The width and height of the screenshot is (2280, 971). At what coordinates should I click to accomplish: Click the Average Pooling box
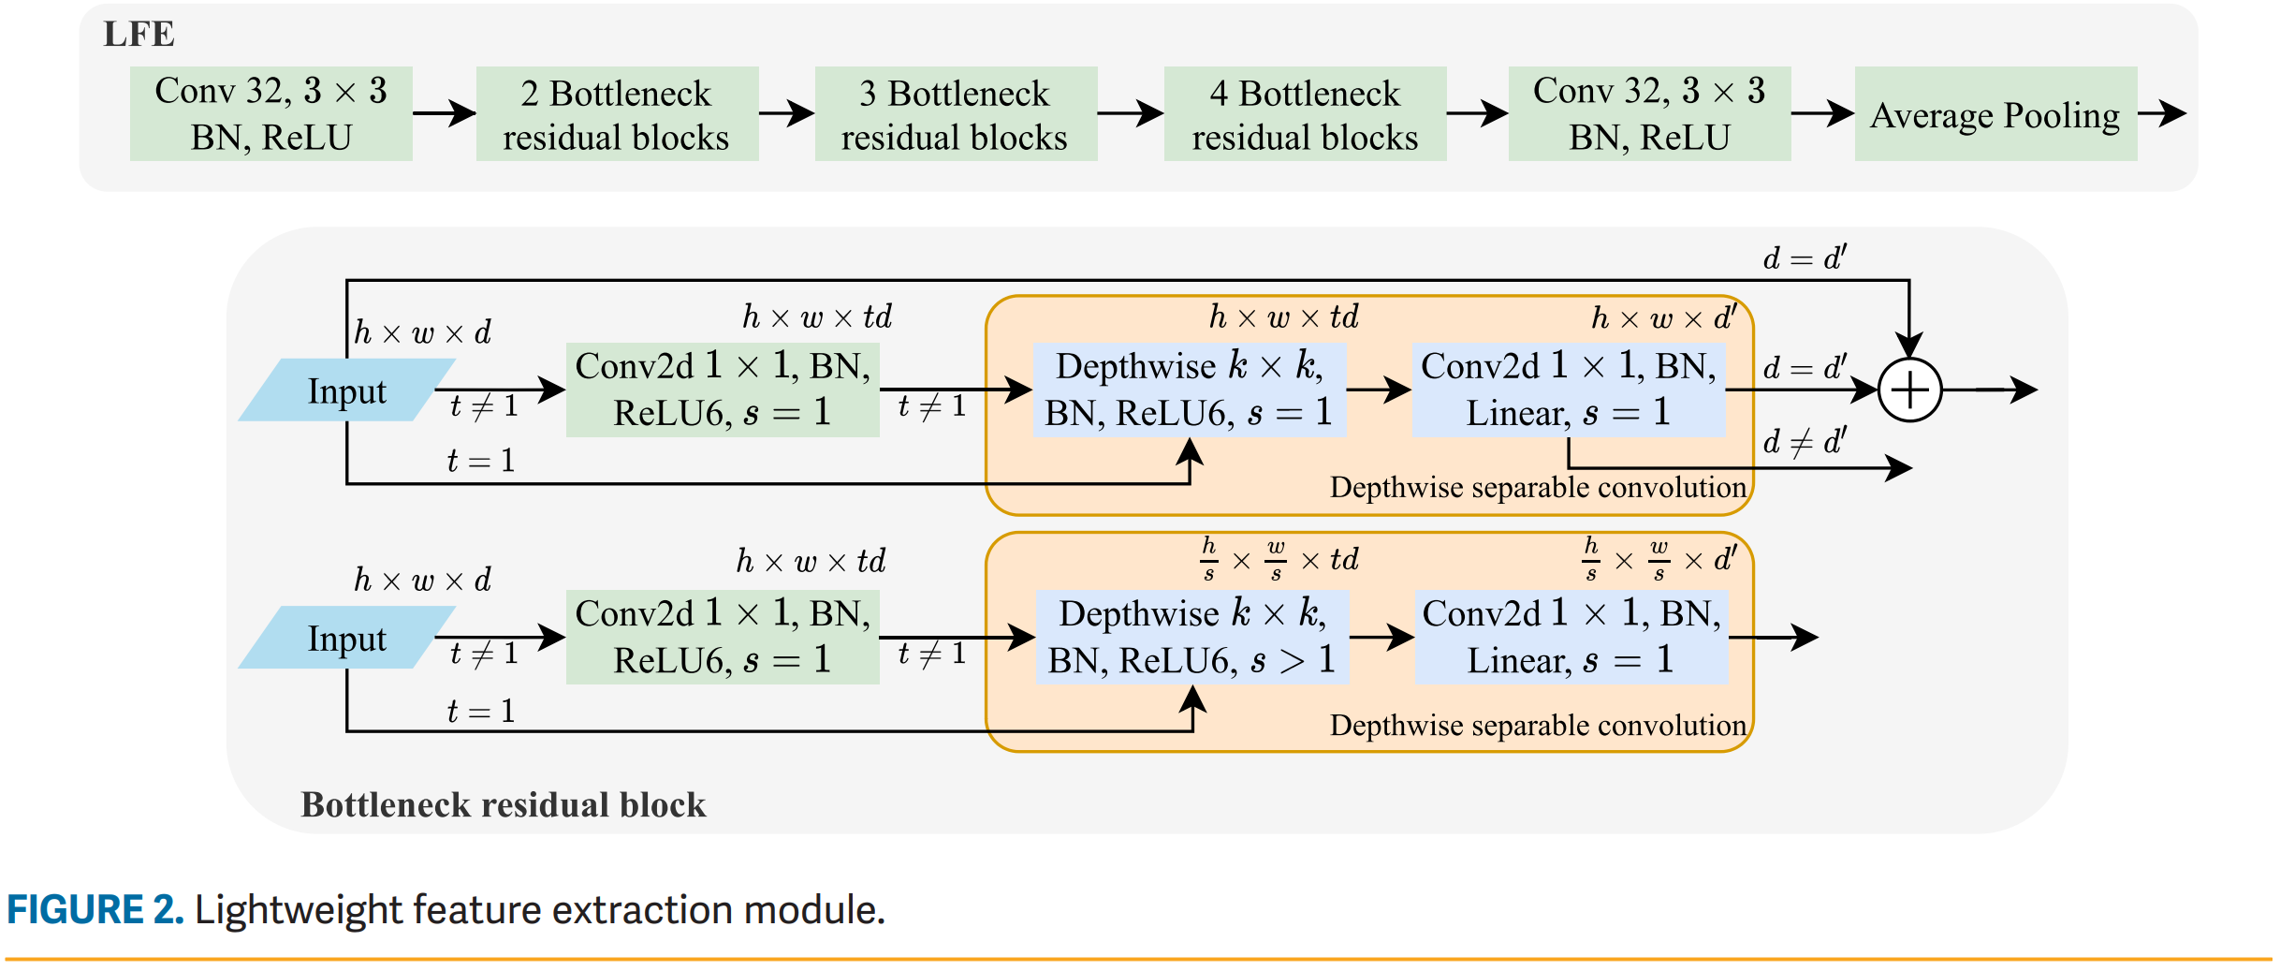point(1995,114)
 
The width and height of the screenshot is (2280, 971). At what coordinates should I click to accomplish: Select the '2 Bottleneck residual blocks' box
point(617,114)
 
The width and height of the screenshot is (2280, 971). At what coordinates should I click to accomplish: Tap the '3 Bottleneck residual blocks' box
point(956,114)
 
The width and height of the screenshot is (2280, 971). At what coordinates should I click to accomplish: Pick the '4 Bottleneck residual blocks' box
point(1305,114)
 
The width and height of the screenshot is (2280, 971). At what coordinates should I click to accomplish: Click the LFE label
point(139,35)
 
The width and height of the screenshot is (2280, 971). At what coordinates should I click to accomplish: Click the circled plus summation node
point(1909,390)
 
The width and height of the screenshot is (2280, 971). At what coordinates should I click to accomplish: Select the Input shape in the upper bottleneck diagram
point(346,390)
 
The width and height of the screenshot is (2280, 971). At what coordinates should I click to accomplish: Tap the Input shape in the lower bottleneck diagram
point(346,639)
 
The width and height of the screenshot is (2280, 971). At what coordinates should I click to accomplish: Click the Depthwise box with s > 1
point(1191,637)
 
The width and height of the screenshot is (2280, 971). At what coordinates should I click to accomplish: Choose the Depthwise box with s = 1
point(1189,390)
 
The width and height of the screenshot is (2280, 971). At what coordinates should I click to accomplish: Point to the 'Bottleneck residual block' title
point(503,804)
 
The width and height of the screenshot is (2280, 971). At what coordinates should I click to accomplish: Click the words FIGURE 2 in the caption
point(95,910)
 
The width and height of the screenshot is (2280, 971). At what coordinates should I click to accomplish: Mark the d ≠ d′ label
point(1804,441)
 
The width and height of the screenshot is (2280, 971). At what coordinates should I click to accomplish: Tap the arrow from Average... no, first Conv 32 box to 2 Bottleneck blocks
point(445,114)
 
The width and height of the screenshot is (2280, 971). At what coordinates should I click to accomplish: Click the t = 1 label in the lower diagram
point(481,711)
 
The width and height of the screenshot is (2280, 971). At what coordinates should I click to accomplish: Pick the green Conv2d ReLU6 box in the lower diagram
point(723,637)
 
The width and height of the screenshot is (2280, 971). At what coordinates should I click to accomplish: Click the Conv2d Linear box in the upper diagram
point(1569,390)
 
